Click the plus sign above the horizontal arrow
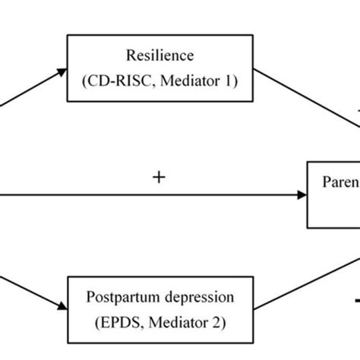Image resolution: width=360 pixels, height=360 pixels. click(x=159, y=178)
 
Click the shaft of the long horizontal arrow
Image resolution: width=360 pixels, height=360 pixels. click(x=152, y=194)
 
